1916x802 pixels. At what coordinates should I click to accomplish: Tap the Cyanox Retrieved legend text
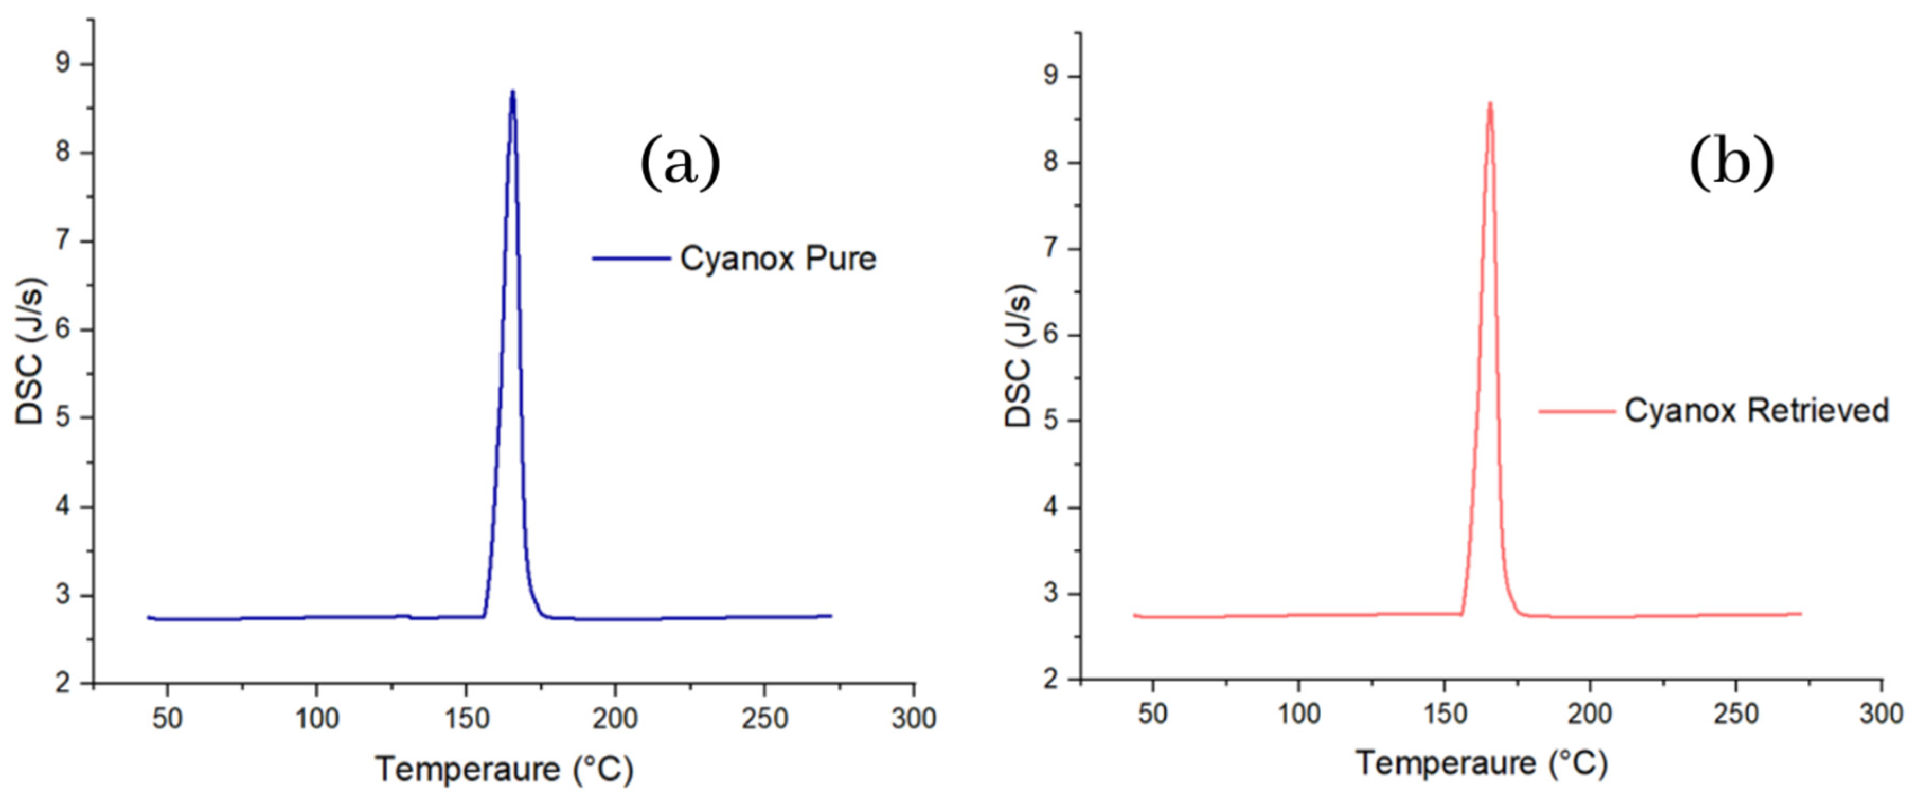[x=1756, y=411]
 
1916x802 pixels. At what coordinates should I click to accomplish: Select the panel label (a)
[x=681, y=162]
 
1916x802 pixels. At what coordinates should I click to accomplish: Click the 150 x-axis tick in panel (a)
[x=466, y=719]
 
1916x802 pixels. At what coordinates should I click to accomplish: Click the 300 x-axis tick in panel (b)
[x=1881, y=714]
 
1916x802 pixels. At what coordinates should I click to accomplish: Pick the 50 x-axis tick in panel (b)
[x=1152, y=714]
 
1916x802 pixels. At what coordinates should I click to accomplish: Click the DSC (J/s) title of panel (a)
[x=30, y=351]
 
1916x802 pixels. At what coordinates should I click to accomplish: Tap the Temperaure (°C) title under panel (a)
[x=504, y=769]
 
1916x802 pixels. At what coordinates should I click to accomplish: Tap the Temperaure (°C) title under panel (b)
[x=1481, y=764]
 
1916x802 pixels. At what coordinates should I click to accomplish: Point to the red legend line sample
[x=1577, y=411]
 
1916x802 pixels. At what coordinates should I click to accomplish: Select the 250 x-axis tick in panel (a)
[x=764, y=719]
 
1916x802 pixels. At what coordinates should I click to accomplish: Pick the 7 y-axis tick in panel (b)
[x=1051, y=249]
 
